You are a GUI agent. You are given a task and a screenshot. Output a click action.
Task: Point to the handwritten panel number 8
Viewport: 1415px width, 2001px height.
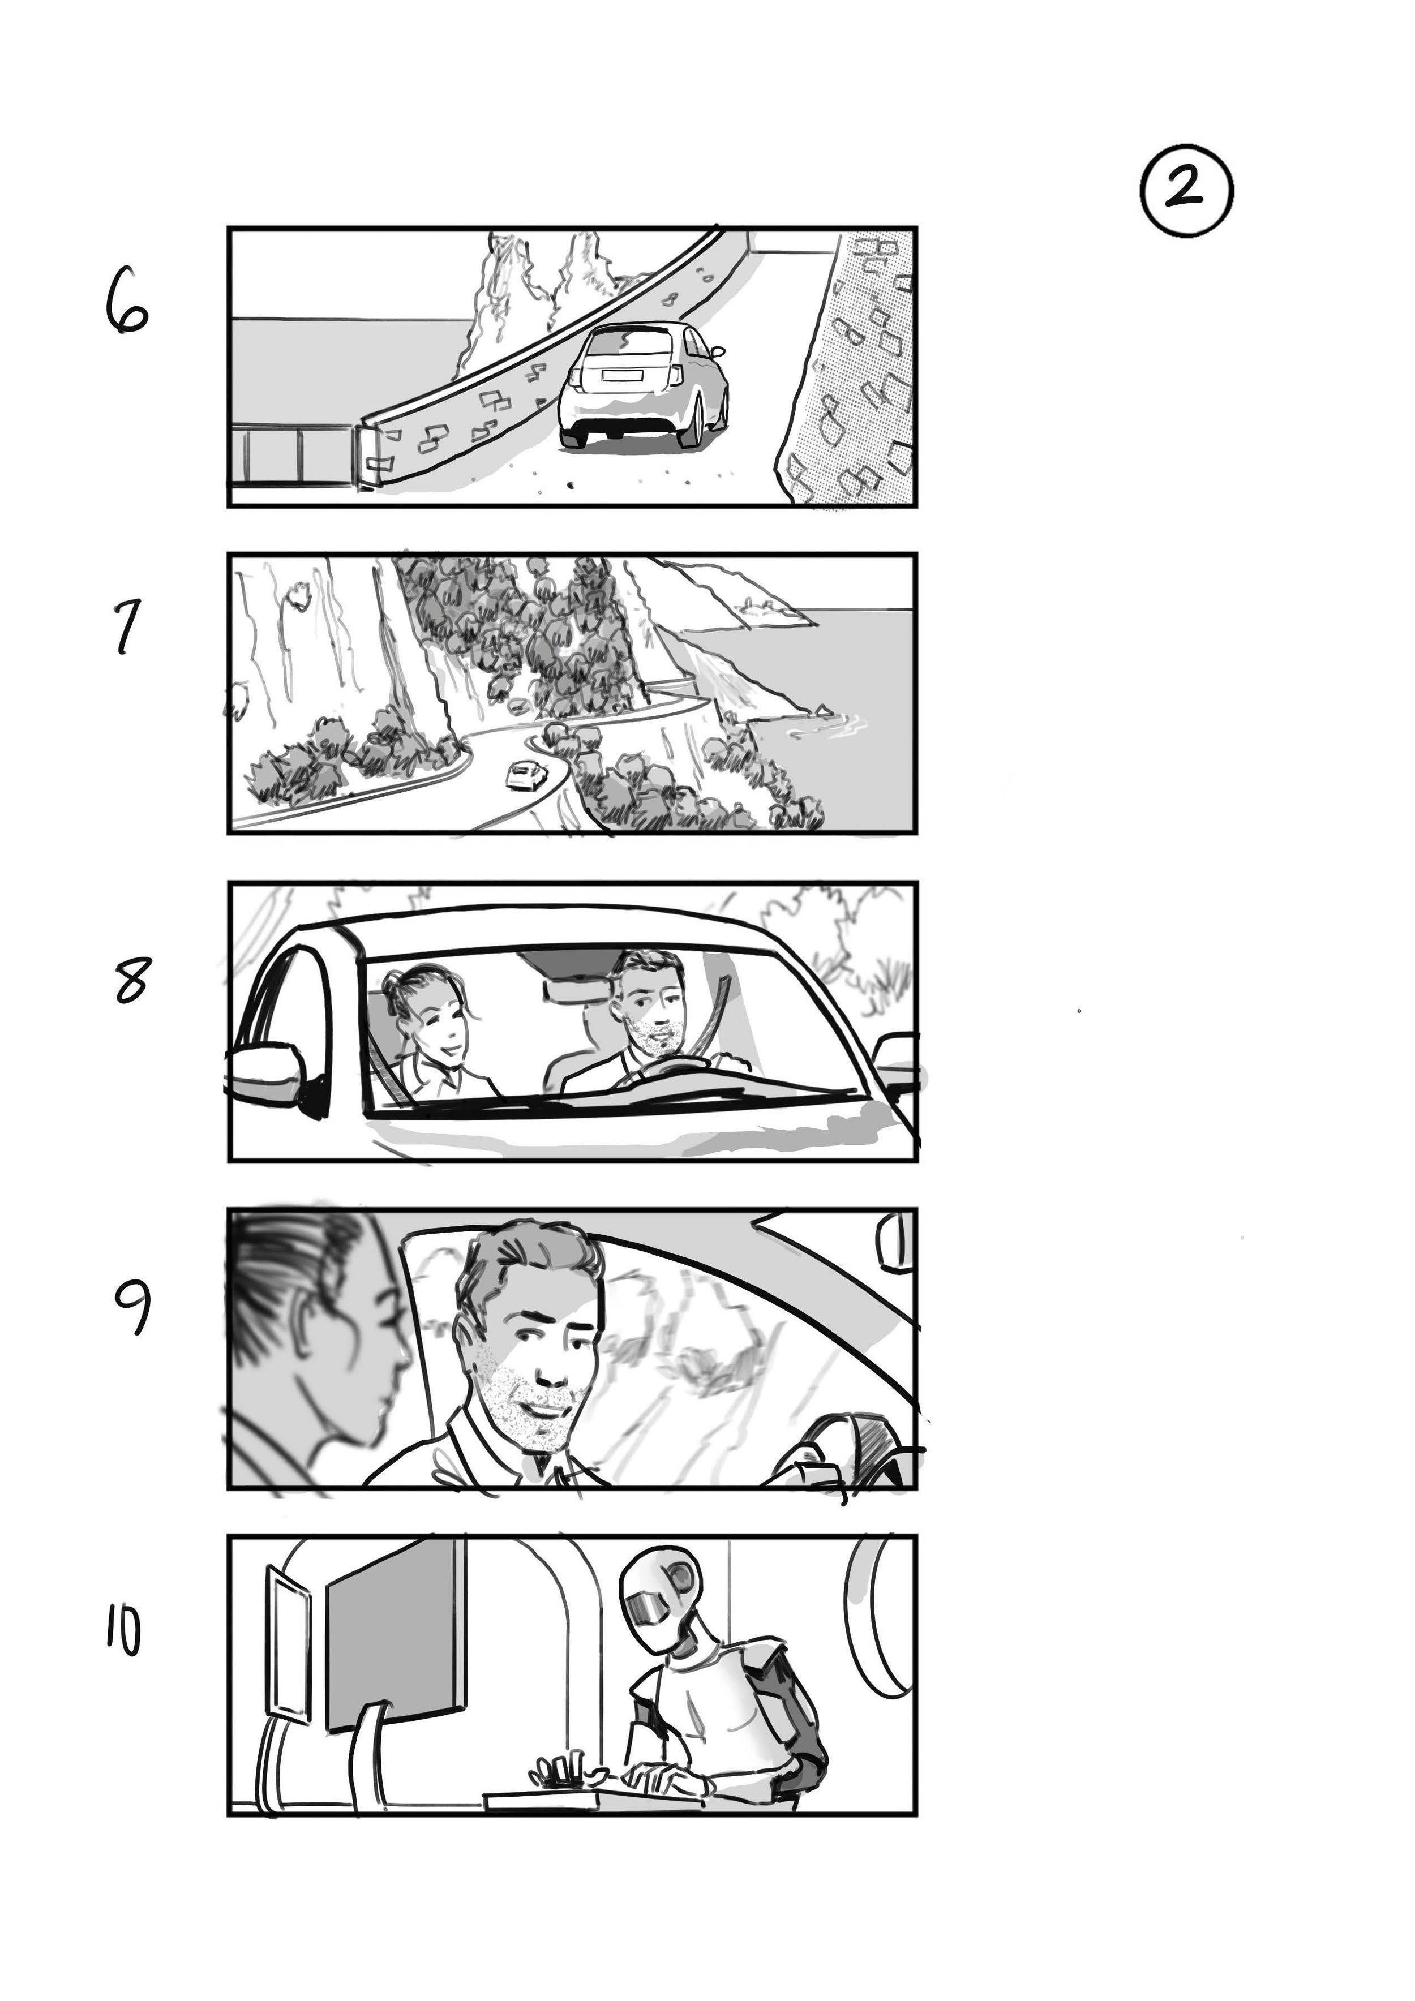tap(131, 980)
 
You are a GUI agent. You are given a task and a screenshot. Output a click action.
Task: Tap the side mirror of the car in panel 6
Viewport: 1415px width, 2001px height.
tap(718, 352)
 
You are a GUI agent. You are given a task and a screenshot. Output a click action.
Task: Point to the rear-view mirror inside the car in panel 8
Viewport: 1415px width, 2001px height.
tap(577, 990)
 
